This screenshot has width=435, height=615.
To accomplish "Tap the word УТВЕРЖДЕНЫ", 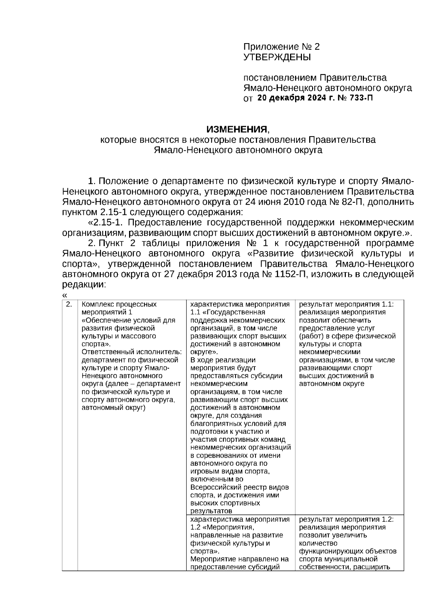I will tap(277, 57).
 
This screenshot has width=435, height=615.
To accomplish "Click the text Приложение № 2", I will tap(281, 47).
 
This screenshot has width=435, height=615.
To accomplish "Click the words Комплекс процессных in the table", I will tap(119, 304).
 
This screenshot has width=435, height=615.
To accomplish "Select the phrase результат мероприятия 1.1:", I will tap(346, 304).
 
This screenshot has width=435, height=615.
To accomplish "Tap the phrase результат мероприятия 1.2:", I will tap(346, 519).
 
